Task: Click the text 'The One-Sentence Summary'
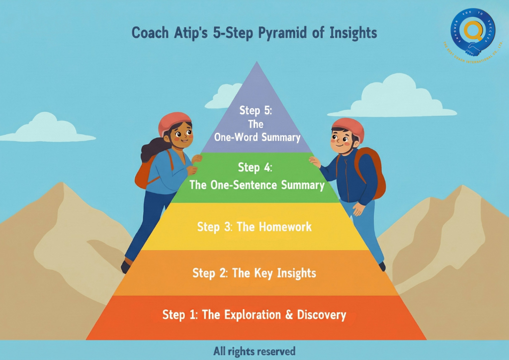[257, 185]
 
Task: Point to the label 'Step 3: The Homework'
[254, 227]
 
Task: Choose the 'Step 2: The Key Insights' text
[254, 273]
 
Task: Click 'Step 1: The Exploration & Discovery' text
[254, 315]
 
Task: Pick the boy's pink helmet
[348, 127]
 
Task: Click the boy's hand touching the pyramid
[315, 162]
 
